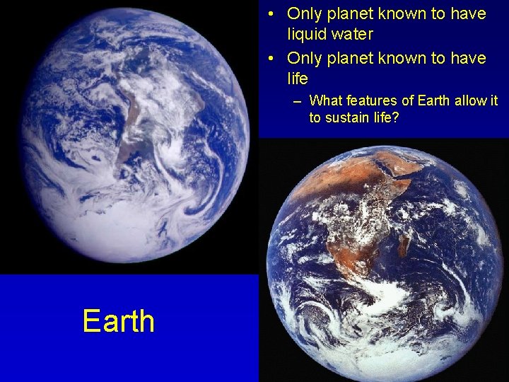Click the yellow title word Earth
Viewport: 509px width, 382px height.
118,320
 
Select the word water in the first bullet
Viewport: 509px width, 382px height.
353,34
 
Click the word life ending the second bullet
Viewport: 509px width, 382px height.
298,78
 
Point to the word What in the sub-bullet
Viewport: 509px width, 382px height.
326,100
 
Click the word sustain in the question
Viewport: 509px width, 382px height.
346,117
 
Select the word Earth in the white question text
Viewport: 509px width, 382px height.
433,100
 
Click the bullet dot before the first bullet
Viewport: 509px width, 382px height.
271,14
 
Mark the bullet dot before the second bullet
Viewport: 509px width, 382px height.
271,58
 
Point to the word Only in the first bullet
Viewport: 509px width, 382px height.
303,13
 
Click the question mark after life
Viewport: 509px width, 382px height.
396,117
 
